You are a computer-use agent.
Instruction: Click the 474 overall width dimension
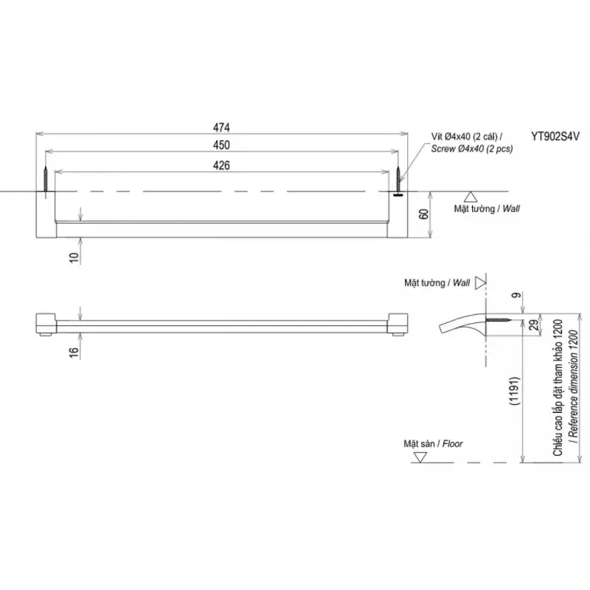coord(221,128)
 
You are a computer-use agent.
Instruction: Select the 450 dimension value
coord(221,145)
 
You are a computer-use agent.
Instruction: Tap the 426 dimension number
coord(221,165)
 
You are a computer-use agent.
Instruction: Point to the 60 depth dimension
coord(423,214)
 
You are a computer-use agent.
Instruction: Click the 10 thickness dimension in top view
coord(74,257)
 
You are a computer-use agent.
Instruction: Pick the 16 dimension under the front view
coord(74,353)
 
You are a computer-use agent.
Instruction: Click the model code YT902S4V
coord(555,136)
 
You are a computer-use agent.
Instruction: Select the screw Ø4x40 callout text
coord(472,142)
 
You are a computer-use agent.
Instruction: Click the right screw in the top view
coord(398,181)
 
